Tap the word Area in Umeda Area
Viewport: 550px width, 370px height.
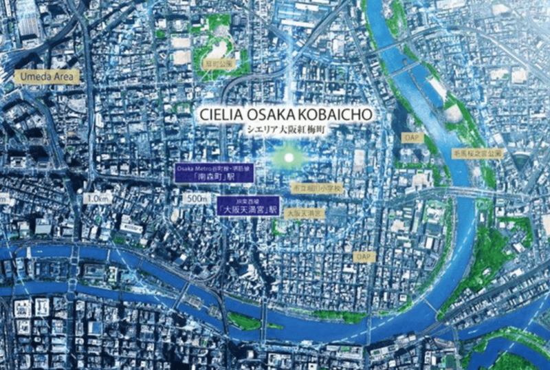pos(63,77)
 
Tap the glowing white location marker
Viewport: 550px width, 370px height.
pos(289,158)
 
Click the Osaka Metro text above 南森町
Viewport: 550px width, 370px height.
pos(191,167)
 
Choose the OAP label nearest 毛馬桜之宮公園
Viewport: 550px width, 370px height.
pos(410,138)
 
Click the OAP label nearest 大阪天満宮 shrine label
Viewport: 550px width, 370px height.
pos(362,255)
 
